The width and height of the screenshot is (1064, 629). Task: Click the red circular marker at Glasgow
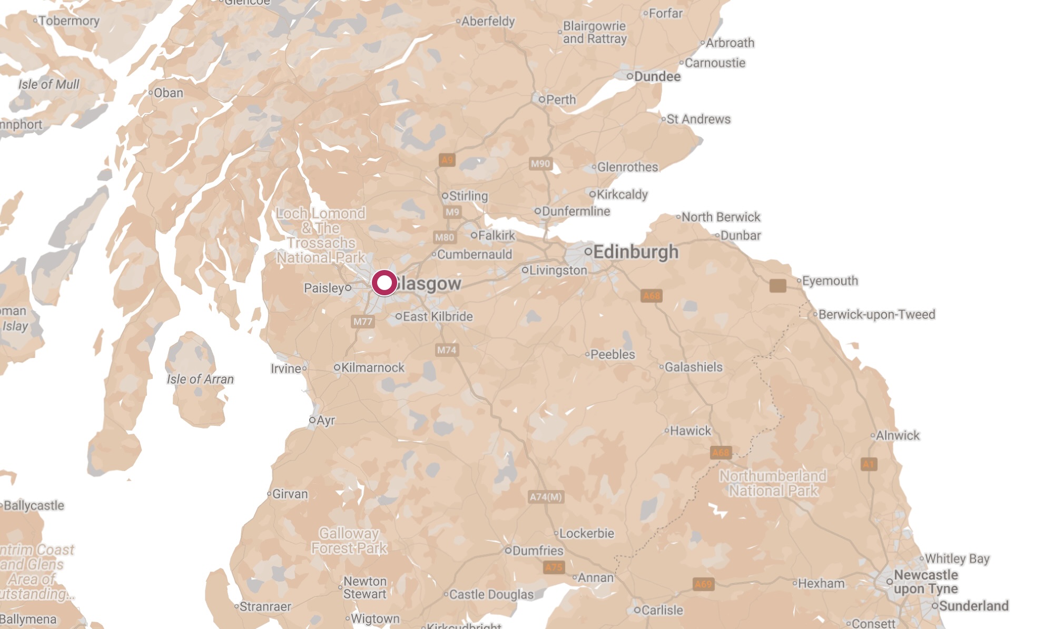tap(385, 283)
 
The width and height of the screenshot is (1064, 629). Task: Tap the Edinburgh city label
tap(635, 252)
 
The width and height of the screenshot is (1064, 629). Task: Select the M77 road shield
tap(362, 321)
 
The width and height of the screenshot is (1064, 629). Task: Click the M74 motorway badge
tap(447, 350)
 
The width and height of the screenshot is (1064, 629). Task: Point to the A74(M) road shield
tap(546, 497)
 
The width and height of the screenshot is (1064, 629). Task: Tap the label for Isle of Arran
tap(200, 379)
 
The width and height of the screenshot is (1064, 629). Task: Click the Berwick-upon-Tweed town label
tap(876, 314)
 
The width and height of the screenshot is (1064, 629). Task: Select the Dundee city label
tap(657, 76)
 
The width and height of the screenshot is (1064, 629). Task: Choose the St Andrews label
tap(698, 119)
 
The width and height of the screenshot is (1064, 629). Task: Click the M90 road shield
tap(540, 164)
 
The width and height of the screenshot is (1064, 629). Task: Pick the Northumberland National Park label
tap(773, 483)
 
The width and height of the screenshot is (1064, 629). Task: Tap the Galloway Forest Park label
tap(349, 541)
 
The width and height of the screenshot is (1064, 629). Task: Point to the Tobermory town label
tap(68, 21)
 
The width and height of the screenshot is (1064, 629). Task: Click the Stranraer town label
tap(265, 606)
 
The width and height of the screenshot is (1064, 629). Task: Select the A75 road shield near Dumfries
tap(554, 567)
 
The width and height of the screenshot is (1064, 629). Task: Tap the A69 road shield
tap(703, 584)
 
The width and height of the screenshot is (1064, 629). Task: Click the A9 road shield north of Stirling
tap(447, 159)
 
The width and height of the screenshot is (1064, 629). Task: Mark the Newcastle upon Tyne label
tap(925, 582)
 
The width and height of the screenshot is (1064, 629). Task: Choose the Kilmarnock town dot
tap(337, 368)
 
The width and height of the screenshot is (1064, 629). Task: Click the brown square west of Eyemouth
tap(777, 285)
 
